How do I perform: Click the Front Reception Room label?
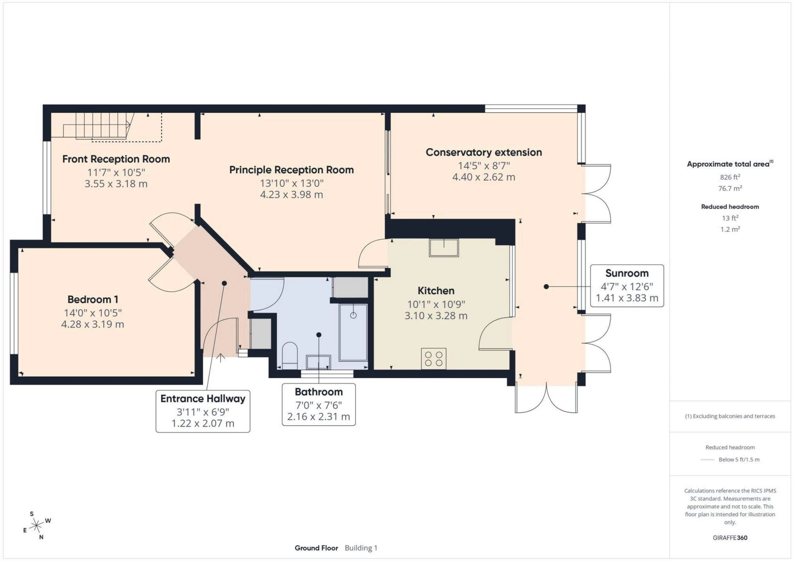(x=116, y=159)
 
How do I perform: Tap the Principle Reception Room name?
(x=291, y=170)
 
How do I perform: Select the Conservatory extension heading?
(x=483, y=152)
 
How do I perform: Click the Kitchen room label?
(x=436, y=291)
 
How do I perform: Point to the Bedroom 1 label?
(x=93, y=300)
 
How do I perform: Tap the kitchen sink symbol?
(x=444, y=248)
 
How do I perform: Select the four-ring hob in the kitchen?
(x=433, y=359)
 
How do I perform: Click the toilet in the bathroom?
(x=289, y=354)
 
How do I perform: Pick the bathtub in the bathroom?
(x=353, y=333)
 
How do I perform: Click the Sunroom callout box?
(x=627, y=286)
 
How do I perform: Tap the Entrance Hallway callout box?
(x=203, y=411)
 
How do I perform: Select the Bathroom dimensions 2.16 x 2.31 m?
(x=318, y=417)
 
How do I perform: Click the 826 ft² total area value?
(x=730, y=177)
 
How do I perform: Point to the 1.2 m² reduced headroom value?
(x=730, y=229)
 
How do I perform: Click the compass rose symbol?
(x=37, y=525)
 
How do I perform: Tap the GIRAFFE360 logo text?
(x=730, y=538)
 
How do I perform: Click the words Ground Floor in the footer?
(x=316, y=548)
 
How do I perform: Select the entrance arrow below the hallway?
(x=221, y=358)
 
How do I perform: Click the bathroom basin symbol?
(x=318, y=362)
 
